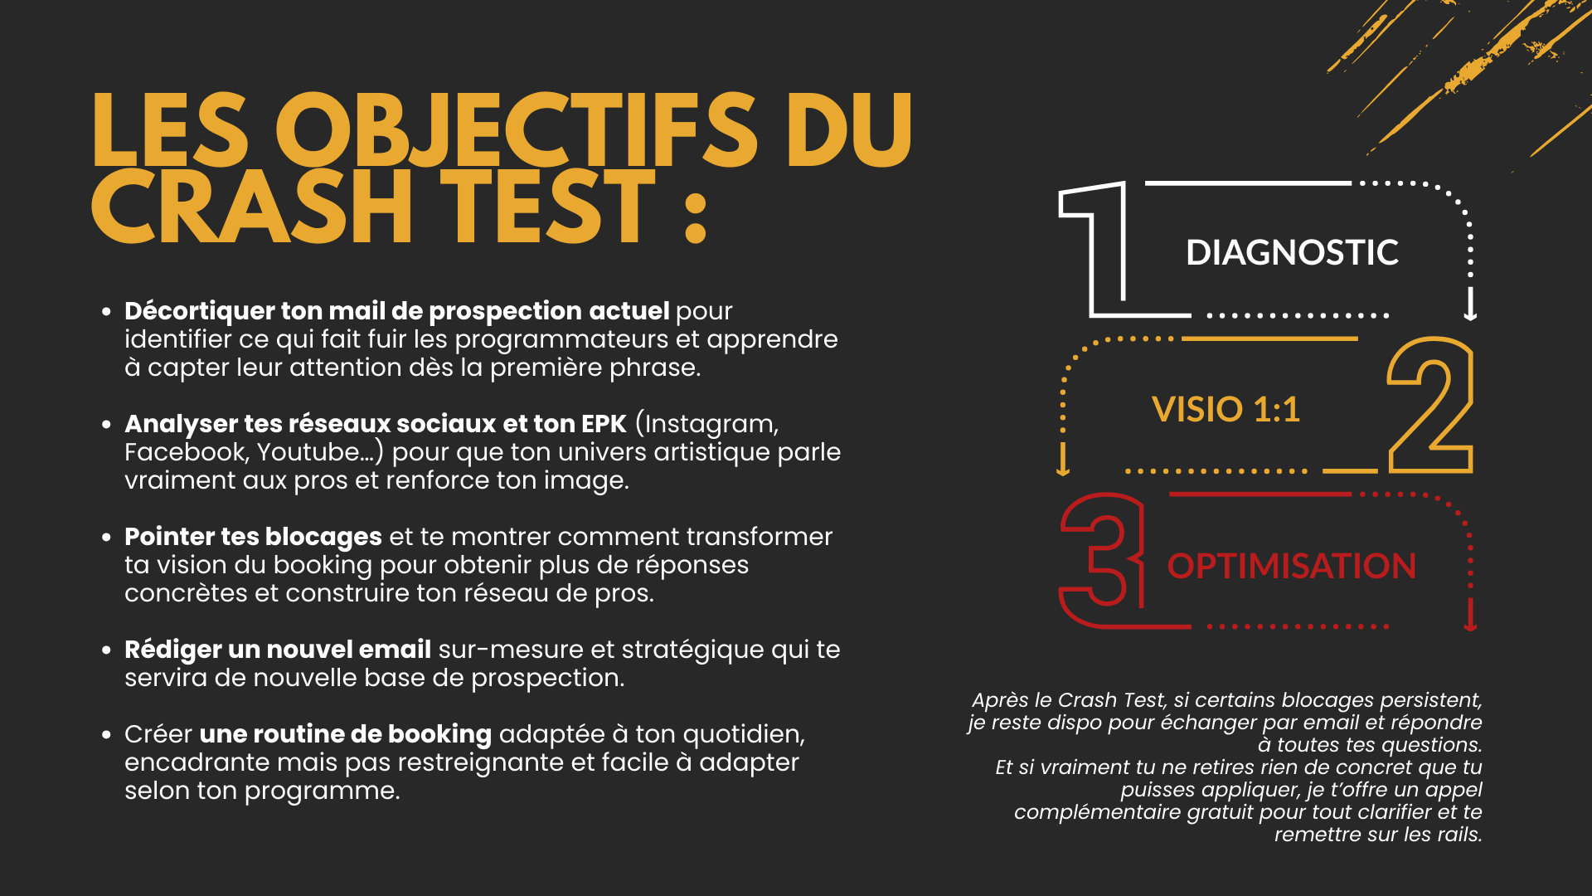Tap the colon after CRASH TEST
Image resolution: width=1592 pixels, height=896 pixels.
pyautogui.click(x=696, y=218)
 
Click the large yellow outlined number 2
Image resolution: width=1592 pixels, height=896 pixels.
pyautogui.click(x=1430, y=405)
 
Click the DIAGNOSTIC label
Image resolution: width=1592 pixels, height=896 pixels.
pyautogui.click(x=1292, y=252)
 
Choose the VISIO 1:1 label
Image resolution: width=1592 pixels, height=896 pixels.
pyautogui.click(x=1226, y=409)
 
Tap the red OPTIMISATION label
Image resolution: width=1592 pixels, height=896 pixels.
pyautogui.click(x=1292, y=566)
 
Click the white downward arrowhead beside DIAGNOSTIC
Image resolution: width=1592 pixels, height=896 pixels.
pyautogui.click(x=1470, y=309)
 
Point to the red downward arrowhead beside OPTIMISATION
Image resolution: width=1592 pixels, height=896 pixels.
pyautogui.click(x=1470, y=621)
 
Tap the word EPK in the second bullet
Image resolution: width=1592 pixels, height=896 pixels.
pyautogui.click(x=604, y=424)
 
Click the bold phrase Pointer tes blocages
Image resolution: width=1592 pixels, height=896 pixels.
pyautogui.click(x=253, y=538)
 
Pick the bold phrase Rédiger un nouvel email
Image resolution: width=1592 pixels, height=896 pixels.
pyautogui.click(x=278, y=650)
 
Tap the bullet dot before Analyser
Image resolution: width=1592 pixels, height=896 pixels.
pyautogui.click(x=106, y=425)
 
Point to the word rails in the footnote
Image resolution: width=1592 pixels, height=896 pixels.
pyautogui.click(x=1459, y=835)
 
